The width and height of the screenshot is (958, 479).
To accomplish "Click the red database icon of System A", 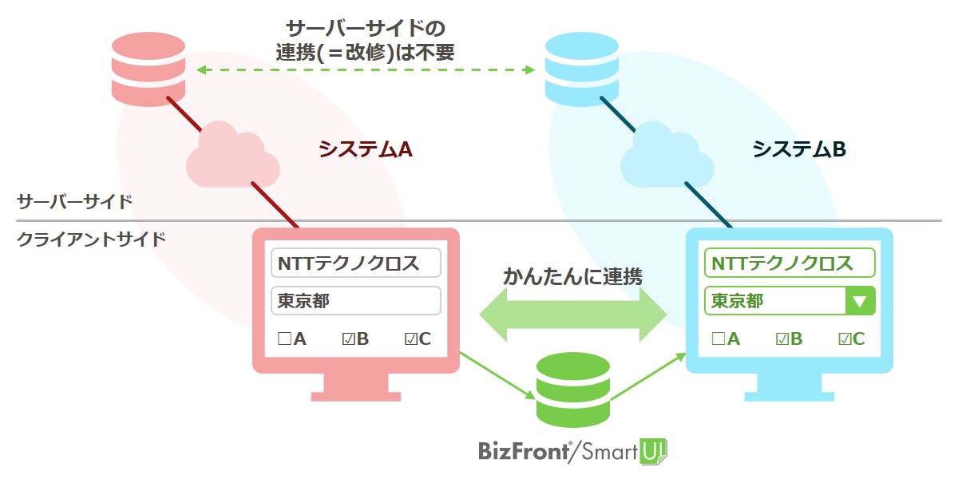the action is (148, 69).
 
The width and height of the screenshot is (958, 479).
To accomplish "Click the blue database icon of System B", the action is (582, 69).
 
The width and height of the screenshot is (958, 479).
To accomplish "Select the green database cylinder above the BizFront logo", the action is (573, 390).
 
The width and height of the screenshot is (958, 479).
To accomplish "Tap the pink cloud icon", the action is (232, 156).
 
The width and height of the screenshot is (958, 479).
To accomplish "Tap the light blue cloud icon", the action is (667, 156).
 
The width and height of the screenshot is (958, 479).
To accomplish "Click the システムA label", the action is (366, 149).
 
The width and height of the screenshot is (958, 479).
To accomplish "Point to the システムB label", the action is (799, 149).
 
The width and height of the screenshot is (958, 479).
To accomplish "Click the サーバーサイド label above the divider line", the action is (74, 201).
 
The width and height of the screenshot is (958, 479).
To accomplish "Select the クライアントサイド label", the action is (91, 239).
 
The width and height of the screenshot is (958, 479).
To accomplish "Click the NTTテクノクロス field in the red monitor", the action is (356, 263).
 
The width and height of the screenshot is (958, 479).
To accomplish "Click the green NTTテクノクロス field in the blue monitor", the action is (790, 263).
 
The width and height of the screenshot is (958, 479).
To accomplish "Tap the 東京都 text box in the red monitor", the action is (356, 301).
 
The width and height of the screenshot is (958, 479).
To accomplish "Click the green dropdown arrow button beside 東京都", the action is (860, 301).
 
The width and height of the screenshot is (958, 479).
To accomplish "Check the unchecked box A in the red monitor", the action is (284, 338).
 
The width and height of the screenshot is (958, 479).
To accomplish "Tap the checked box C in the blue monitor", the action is (845, 338).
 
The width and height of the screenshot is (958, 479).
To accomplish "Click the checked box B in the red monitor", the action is (349, 338).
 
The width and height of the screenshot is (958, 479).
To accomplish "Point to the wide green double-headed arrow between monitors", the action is (573, 315).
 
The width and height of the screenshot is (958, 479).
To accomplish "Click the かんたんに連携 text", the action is (573, 276).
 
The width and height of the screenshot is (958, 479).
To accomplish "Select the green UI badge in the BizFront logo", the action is (653, 452).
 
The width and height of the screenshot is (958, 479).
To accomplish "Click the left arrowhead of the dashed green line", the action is (201, 69).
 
